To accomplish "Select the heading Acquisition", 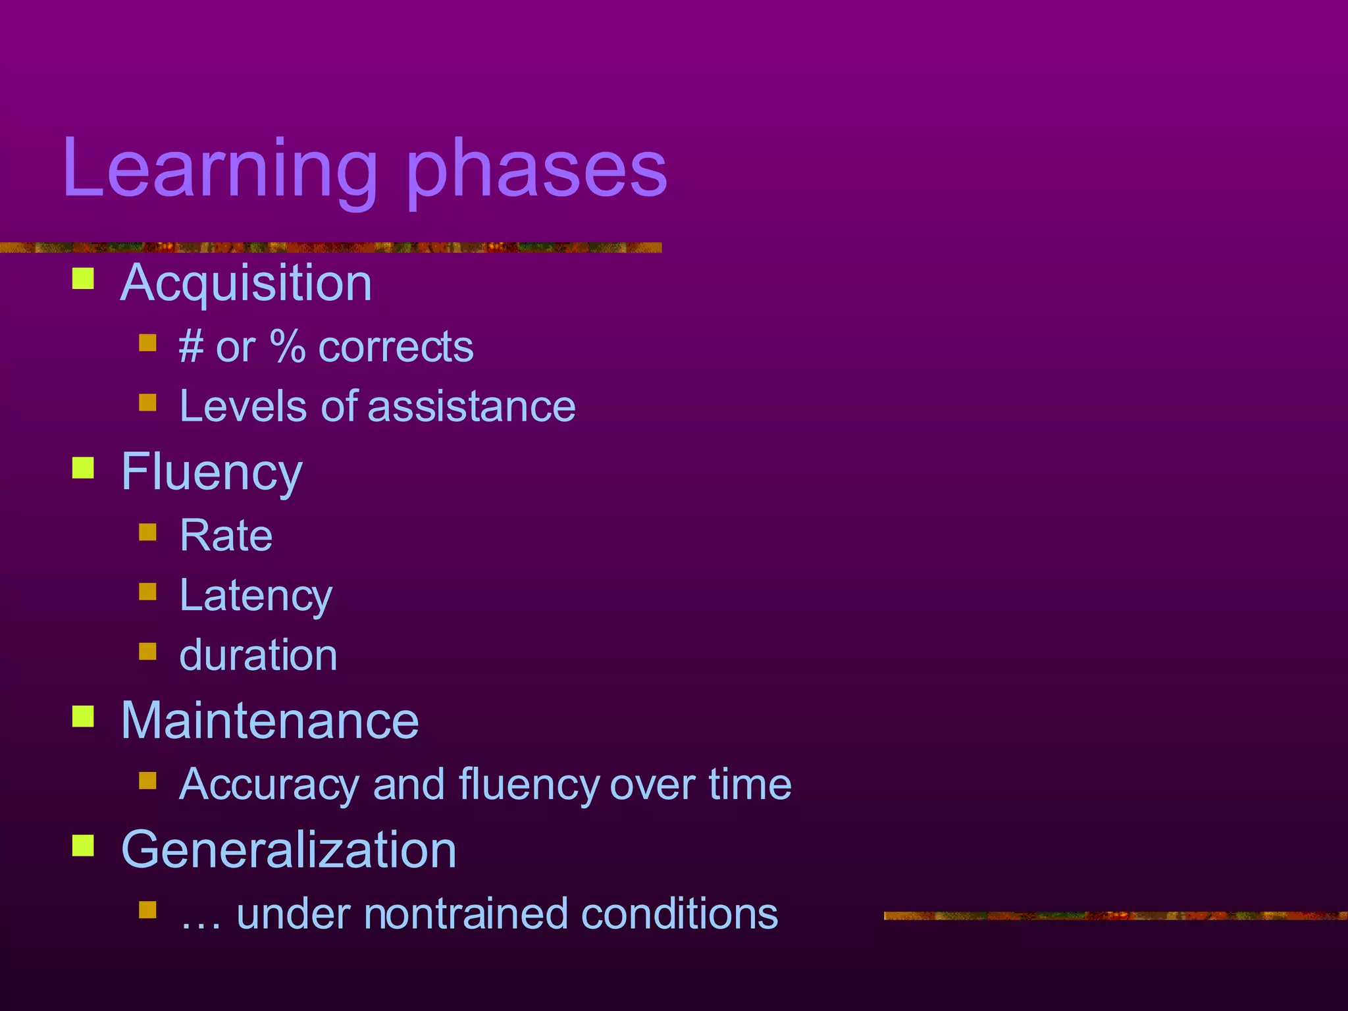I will coord(246,283).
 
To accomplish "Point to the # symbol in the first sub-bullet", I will coord(191,347).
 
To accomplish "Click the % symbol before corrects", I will coord(288,347).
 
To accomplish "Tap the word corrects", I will coord(396,348).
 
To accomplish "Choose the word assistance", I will coord(471,406).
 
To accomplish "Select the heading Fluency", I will coord(211,472).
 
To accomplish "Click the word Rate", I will coord(226,535).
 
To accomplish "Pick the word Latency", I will coord(255,596).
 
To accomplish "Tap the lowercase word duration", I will coord(258,656).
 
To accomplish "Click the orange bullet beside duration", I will coord(147,652).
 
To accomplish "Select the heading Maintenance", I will coord(270,721).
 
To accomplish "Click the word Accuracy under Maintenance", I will coord(269,785).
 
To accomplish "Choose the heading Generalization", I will coord(288,850).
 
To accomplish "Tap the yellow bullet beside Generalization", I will coord(83,845).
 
